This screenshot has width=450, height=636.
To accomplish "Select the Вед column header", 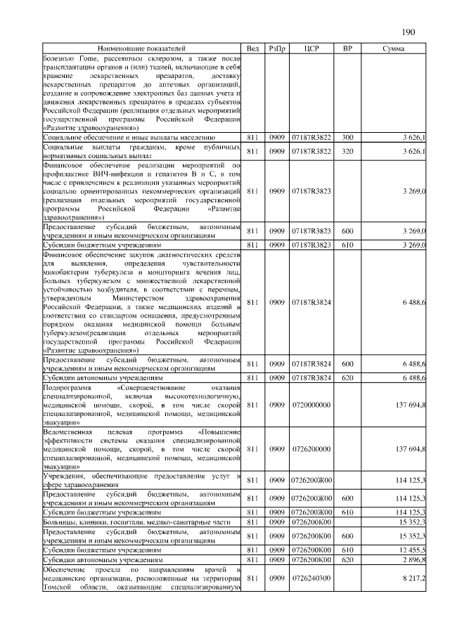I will tap(253, 48).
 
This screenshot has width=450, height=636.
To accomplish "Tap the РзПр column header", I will tap(276, 48).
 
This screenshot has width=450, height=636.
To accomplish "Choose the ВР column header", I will tap(347, 48).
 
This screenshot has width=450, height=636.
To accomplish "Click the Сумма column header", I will tap(392, 48).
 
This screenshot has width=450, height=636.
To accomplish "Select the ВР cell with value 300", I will tap(347, 138).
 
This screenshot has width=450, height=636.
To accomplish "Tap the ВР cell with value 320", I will tap(347, 151).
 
